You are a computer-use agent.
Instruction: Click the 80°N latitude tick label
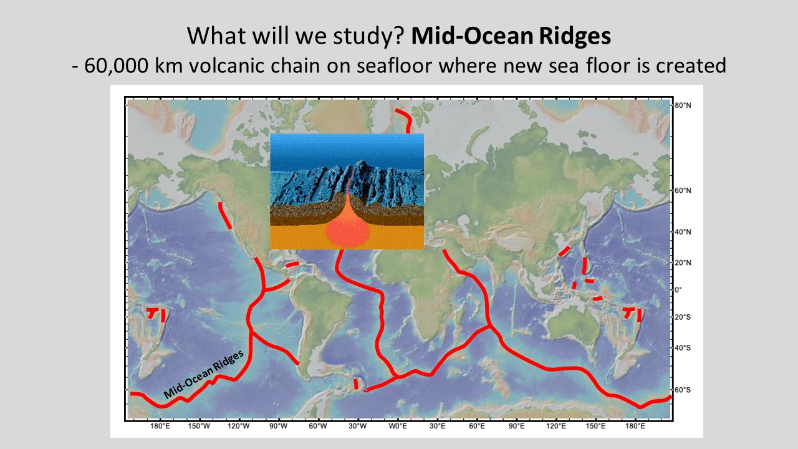pos(683,105)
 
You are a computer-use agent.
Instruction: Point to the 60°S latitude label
pos(683,390)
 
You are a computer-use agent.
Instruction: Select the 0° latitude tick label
pos(678,290)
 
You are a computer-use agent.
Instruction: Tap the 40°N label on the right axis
pos(683,232)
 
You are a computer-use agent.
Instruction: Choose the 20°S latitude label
pos(683,317)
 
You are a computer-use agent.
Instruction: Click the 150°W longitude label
pos(199,426)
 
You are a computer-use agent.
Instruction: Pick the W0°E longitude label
pos(398,426)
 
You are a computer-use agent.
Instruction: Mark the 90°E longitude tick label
pos(517,426)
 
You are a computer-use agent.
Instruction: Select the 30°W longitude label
pos(358,426)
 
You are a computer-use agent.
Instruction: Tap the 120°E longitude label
pos(556,426)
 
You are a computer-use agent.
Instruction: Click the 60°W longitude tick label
pos(318,426)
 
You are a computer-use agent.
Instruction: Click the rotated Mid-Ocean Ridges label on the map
pos(204,374)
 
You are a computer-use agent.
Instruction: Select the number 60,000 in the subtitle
pos(116,65)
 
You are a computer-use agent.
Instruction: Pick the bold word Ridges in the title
pos(575,36)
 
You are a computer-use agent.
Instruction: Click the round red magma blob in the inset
pos(348,233)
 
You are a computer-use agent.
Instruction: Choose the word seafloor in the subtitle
pos(394,65)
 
